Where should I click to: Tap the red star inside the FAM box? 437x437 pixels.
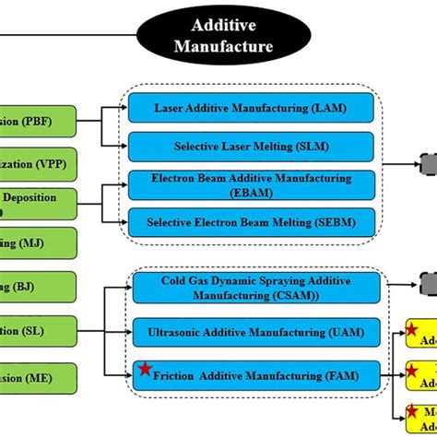(145, 371)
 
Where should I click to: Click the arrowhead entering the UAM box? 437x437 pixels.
(127, 330)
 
